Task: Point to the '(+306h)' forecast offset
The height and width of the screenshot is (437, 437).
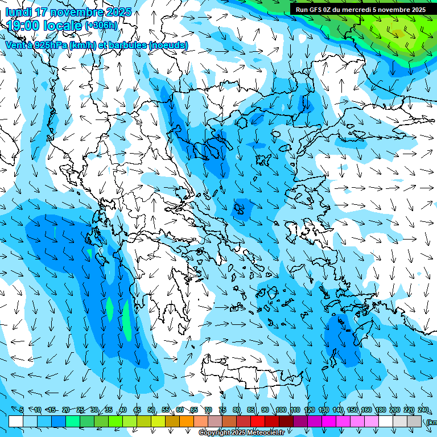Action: tap(101, 26)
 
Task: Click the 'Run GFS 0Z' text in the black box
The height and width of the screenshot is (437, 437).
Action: tap(314, 10)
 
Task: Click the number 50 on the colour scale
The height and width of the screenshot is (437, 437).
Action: tap(151, 410)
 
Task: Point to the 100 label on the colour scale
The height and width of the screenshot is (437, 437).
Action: tap(281, 410)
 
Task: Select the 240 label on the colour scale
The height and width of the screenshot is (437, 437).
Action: tap(423, 410)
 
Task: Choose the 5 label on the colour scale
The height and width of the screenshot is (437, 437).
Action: tap(22, 410)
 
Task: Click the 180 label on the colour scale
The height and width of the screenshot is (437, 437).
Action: tap(380, 410)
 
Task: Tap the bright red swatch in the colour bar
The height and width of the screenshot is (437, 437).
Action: tap(258, 421)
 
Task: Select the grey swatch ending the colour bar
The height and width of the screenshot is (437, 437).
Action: tap(414, 421)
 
